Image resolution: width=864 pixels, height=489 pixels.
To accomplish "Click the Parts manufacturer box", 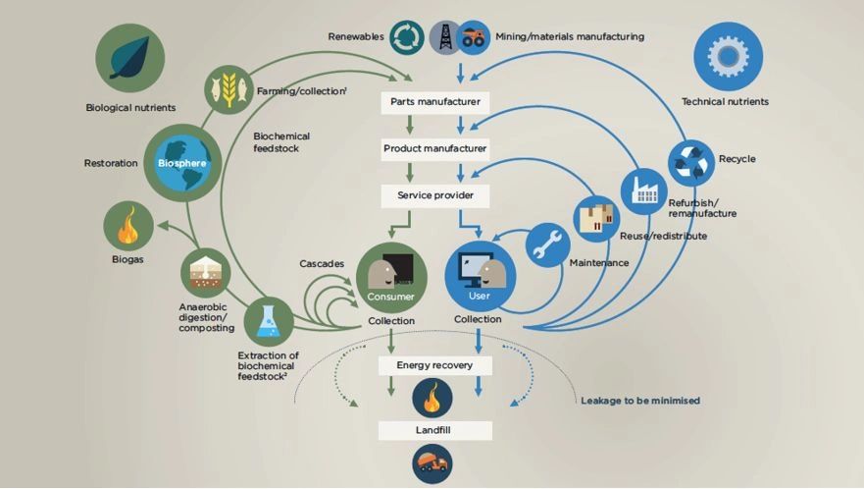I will [x=434, y=102].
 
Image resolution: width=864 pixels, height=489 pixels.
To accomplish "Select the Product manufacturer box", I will [x=434, y=149].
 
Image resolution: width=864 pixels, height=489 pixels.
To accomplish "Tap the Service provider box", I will [x=434, y=195].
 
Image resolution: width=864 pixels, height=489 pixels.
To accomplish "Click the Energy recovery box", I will [x=434, y=365].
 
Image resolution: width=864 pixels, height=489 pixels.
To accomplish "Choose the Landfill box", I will [x=434, y=431].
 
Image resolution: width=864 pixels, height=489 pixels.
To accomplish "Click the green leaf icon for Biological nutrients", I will [x=129, y=57].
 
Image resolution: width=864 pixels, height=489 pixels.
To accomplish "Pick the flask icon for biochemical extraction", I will [x=268, y=321].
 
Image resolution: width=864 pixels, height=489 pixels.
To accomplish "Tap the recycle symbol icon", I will [x=692, y=162].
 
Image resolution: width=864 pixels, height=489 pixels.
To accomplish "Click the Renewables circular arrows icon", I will [x=406, y=37].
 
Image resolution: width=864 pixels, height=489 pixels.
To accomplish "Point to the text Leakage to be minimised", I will [x=640, y=401].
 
